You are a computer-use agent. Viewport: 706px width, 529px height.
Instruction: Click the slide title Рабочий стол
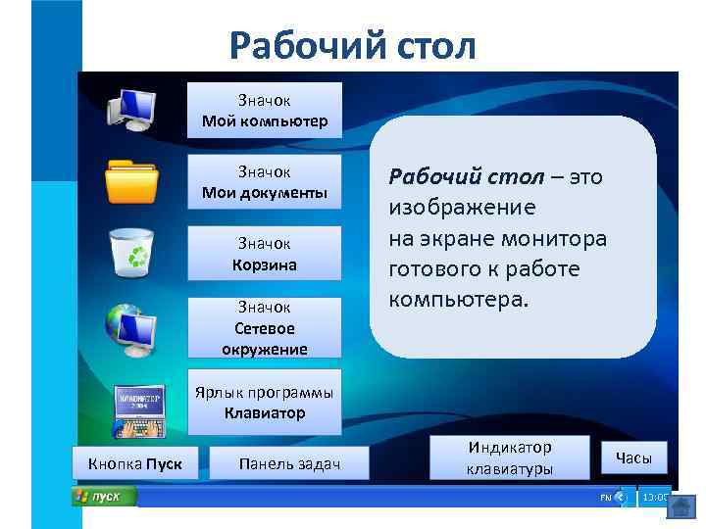point(352,44)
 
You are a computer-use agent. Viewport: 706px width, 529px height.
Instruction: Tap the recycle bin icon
point(130,253)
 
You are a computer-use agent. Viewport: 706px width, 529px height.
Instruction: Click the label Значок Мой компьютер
point(264,111)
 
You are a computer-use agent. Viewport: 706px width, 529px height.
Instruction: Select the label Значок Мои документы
point(264,182)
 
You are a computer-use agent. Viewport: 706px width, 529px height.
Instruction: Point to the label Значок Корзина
point(264,255)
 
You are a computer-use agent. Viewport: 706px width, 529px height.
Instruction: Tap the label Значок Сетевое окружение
point(264,328)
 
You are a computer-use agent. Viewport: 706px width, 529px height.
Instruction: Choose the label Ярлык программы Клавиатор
point(264,403)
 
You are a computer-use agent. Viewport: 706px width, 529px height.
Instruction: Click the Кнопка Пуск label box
point(134,462)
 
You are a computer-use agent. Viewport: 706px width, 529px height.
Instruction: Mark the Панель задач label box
point(289,462)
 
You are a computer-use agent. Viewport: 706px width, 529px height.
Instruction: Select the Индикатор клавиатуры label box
point(510,457)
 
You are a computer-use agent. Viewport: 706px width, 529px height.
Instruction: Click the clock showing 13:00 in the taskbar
point(653,498)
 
